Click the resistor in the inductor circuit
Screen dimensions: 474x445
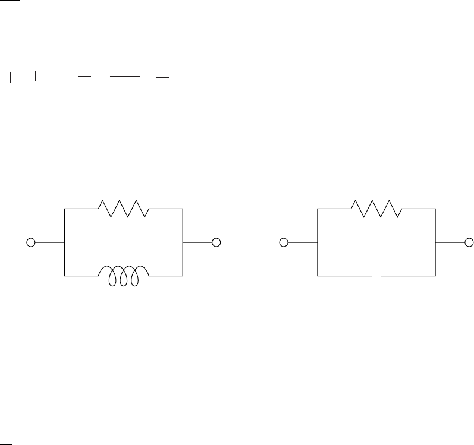pos(123,209)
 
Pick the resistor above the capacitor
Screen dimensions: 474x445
pos(376,209)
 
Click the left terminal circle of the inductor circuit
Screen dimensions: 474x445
pos(32,242)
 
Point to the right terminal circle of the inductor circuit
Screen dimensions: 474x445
pos(216,242)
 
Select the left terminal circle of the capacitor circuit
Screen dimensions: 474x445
pos(284,242)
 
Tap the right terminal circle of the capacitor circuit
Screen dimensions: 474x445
pos(469,242)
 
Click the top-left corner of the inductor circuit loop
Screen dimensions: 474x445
pos(64,209)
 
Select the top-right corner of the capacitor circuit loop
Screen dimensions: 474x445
pos(436,209)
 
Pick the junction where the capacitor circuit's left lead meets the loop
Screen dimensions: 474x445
pos(318,242)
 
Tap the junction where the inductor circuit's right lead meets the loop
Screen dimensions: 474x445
pos(183,242)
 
